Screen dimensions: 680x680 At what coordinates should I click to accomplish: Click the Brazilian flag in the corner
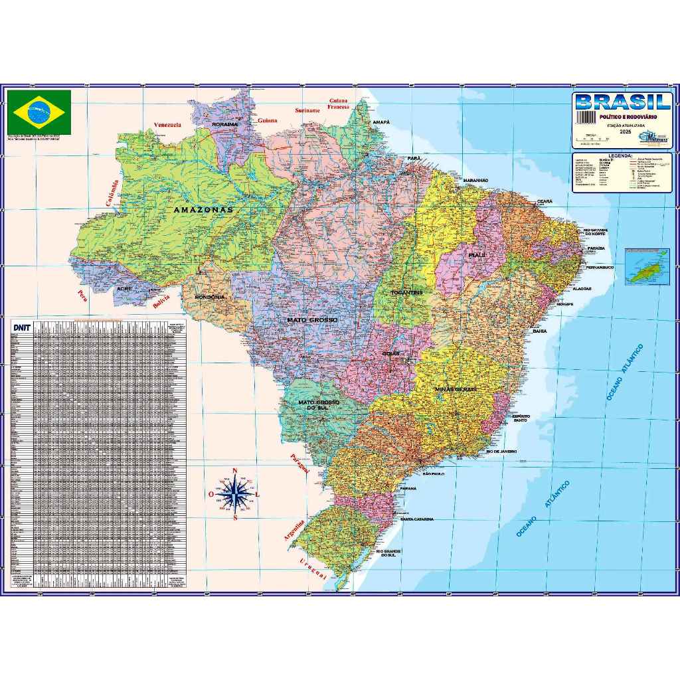(x=39, y=110)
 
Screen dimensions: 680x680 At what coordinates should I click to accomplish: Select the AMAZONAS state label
(x=203, y=209)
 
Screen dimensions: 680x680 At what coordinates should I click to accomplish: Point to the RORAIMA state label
(x=224, y=124)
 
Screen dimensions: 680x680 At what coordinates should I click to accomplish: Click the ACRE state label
(x=124, y=289)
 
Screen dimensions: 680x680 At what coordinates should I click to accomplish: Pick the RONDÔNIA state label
(x=210, y=297)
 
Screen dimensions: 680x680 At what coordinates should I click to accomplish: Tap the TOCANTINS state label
(x=406, y=292)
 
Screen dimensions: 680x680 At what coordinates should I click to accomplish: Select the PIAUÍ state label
(x=477, y=254)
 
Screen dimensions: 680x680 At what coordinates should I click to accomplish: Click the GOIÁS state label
(x=391, y=353)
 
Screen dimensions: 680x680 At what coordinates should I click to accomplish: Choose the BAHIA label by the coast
(x=540, y=330)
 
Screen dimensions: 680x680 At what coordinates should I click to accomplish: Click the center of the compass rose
(x=236, y=493)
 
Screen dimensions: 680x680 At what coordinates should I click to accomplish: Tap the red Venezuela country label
(x=167, y=125)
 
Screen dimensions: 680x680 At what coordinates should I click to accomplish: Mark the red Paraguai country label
(x=299, y=463)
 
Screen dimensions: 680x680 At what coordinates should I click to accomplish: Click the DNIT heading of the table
(x=21, y=327)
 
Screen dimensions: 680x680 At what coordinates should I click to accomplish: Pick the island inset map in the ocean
(x=647, y=266)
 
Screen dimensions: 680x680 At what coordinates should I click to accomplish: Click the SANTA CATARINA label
(x=417, y=519)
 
